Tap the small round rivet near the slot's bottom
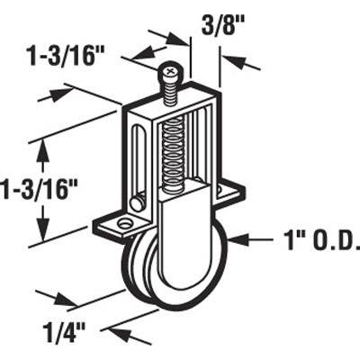[138, 200]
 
